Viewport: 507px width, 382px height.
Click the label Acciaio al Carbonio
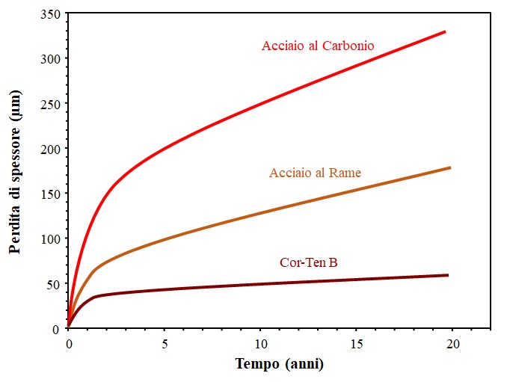point(318,46)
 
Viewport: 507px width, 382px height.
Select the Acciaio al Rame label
point(315,173)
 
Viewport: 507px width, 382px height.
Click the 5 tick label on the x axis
point(165,343)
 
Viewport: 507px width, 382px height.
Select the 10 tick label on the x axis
point(260,343)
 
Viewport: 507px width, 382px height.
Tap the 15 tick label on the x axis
point(356,343)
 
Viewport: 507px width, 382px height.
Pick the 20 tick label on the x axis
point(452,343)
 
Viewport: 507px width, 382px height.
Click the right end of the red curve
point(445,31)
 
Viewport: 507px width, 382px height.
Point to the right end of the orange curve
point(450,167)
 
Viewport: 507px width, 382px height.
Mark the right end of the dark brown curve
point(447,275)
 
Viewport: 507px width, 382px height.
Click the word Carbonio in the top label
point(348,46)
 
